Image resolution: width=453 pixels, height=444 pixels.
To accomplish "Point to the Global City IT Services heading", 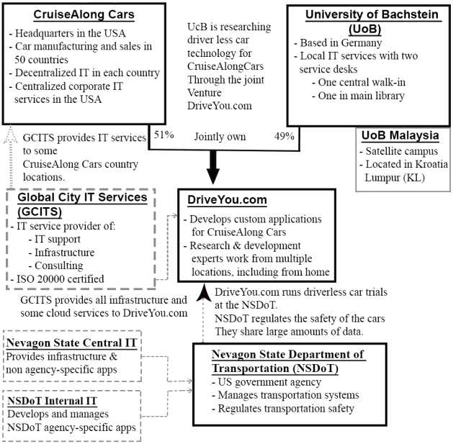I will (x=66, y=206).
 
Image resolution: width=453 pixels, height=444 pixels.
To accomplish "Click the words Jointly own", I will (x=220, y=135).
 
